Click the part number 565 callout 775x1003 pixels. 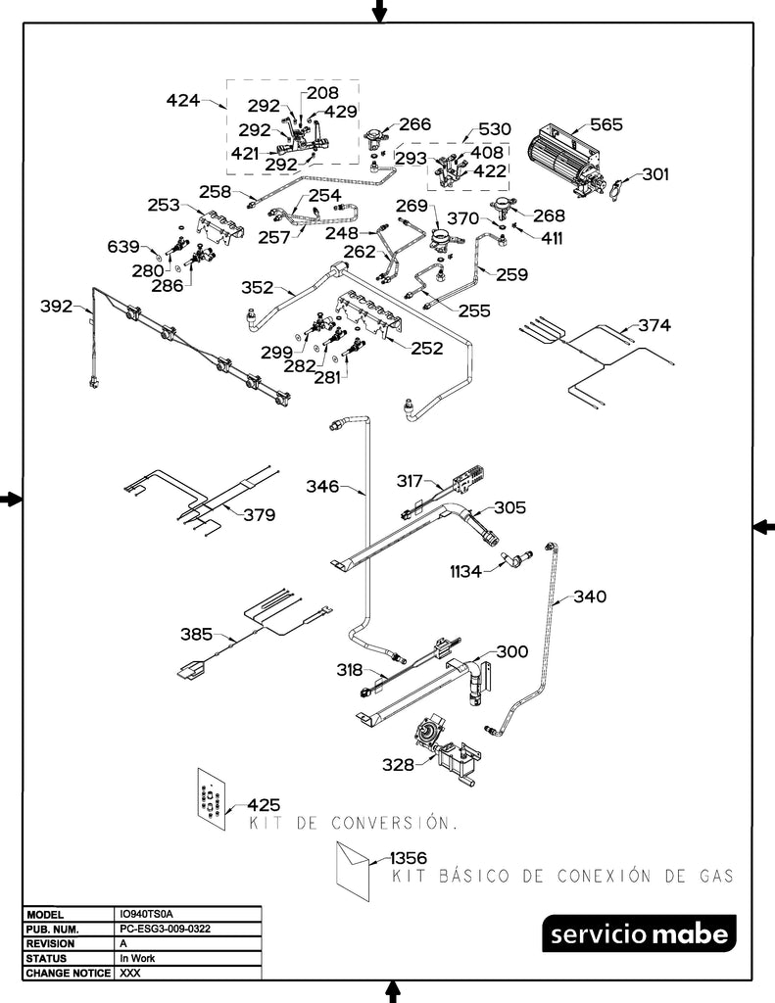pyautogui.click(x=605, y=125)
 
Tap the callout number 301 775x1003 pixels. pyautogui.click(x=655, y=174)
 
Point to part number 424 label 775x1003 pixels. pyautogui.click(x=183, y=100)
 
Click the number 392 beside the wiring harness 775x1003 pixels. pyautogui.click(x=56, y=307)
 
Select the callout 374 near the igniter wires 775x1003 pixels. pyautogui.click(x=655, y=324)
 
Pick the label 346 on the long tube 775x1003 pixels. pyautogui.click(x=322, y=486)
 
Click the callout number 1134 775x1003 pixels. pyautogui.click(x=465, y=571)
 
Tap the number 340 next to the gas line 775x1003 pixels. pyautogui.click(x=590, y=596)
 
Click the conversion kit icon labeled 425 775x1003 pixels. pyautogui.click(x=211, y=794)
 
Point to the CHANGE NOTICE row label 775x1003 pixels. pyautogui.click(x=68, y=974)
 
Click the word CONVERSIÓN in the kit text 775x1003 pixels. pyautogui.click(x=392, y=823)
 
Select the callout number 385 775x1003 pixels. pyautogui.click(x=197, y=634)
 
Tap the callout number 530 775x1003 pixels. pyautogui.click(x=495, y=129)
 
